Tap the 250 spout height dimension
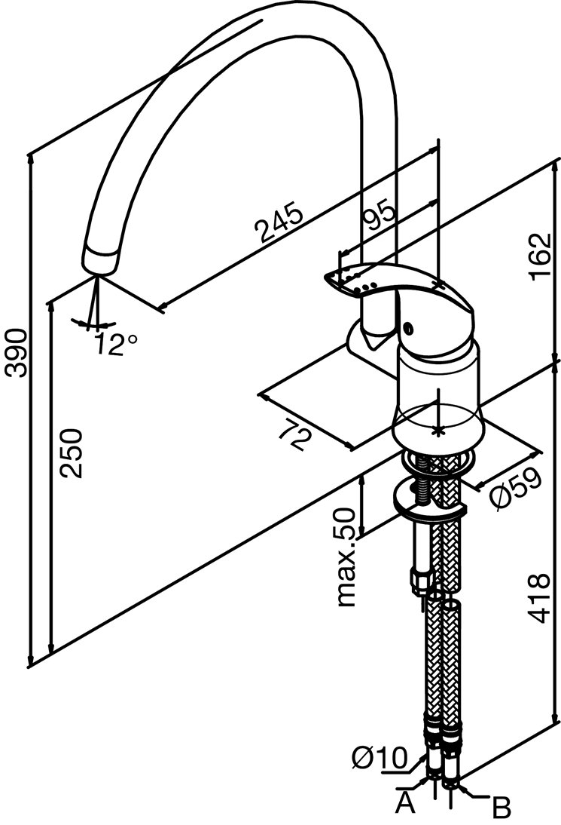click(71, 453)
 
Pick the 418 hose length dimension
click(538, 598)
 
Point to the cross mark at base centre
click(438, 431)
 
